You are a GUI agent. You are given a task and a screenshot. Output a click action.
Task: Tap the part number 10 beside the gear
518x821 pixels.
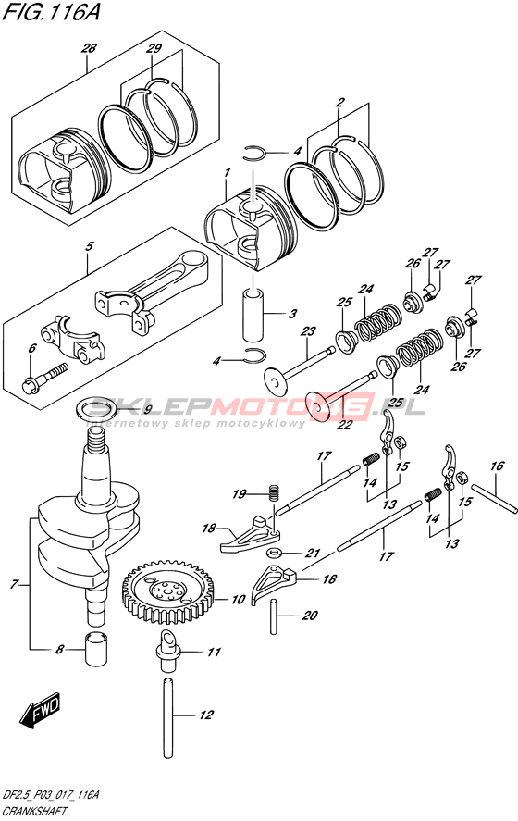238,599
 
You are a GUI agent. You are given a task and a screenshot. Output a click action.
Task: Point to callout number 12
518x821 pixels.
206,715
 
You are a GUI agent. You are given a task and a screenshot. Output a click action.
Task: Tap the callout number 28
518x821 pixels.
89,48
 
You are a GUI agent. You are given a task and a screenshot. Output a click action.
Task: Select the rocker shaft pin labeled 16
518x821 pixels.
495,495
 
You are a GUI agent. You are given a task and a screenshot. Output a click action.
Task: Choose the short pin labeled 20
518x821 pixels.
274,616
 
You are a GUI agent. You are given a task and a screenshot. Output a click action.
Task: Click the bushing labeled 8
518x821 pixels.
96,648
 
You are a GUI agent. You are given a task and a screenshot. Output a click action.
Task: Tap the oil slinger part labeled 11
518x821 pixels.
167,651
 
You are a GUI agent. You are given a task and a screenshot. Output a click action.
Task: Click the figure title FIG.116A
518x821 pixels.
51,11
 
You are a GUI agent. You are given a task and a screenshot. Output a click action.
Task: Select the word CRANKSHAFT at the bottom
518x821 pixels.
34,812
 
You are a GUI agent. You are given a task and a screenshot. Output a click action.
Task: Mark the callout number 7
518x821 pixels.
15,583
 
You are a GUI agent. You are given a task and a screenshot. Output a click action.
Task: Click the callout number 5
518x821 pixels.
90,246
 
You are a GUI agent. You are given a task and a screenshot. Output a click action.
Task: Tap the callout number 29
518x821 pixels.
154,49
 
